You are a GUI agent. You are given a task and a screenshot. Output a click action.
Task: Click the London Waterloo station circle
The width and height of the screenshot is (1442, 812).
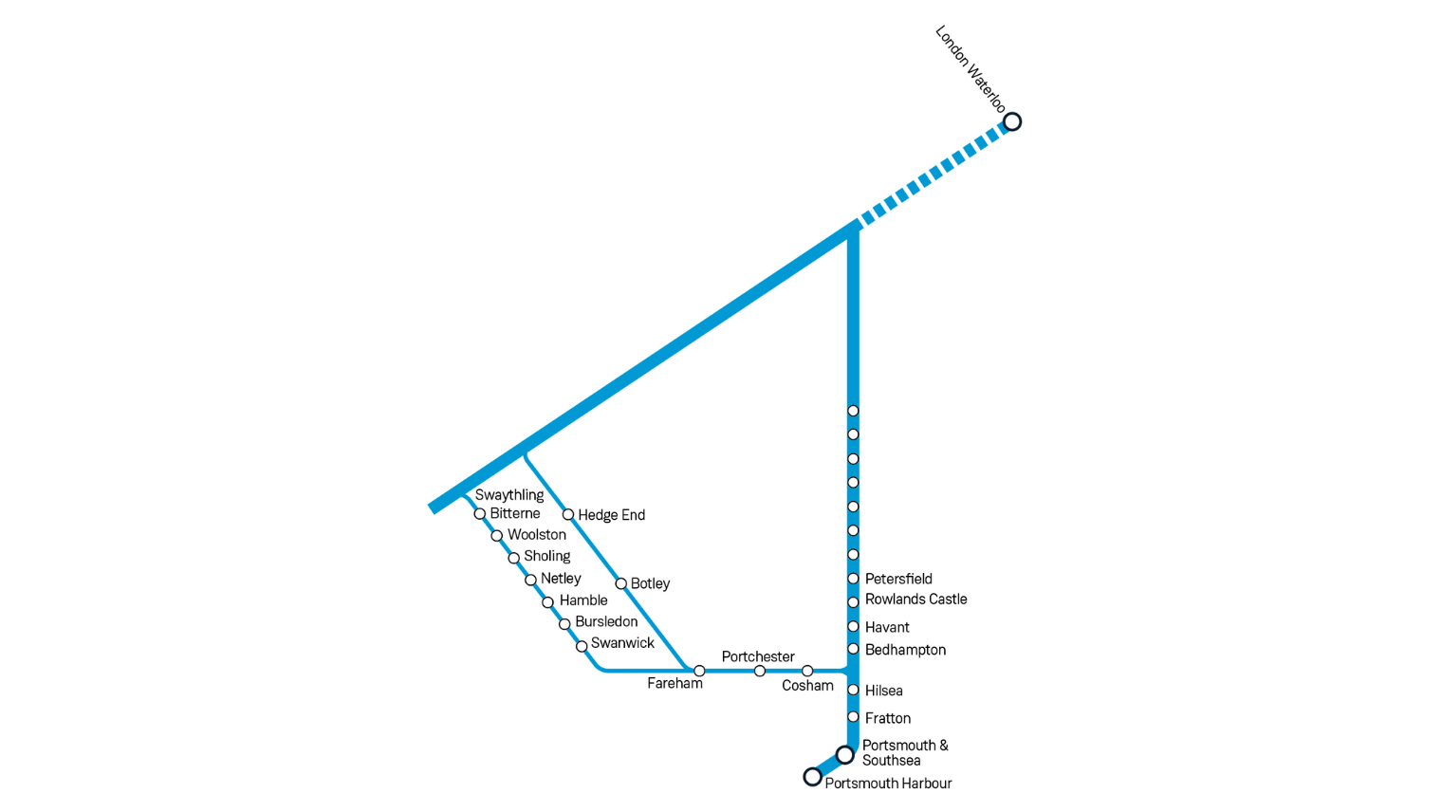1012,121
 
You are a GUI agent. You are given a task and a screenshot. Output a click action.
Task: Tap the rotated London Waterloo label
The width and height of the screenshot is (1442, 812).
971,68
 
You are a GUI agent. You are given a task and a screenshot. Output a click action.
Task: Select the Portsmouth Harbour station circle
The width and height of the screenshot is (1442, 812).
812,777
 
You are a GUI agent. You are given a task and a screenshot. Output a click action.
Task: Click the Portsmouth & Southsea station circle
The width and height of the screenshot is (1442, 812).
844,755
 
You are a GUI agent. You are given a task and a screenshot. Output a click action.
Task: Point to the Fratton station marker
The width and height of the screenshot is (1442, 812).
853,717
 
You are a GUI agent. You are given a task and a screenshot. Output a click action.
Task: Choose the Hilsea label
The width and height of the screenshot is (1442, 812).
884,691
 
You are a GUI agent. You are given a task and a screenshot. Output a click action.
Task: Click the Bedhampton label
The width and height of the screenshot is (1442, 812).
905,650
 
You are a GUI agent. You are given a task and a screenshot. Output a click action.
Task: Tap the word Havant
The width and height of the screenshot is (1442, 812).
887,627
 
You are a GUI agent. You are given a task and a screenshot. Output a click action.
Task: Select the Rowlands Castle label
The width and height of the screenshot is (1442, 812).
916,599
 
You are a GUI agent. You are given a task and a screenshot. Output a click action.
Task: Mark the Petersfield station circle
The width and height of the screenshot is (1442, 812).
853,579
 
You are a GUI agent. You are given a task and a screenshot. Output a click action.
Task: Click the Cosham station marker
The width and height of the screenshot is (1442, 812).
807,671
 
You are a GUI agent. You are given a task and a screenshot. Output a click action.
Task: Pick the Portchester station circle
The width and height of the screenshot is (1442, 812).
760,671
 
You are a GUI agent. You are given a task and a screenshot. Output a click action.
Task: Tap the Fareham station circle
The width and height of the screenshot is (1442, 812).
699,671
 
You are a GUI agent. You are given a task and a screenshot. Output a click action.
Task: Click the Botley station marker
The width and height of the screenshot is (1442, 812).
620,583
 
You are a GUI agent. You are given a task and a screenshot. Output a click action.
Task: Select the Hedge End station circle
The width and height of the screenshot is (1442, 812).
567,514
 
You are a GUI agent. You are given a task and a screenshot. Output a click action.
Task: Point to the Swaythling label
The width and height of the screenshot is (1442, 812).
509,495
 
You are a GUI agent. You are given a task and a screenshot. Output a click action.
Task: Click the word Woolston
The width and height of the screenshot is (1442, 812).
537,534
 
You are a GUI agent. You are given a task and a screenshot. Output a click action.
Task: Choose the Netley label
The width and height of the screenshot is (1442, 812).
561,579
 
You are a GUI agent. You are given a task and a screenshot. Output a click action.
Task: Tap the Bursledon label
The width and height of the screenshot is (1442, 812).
606,621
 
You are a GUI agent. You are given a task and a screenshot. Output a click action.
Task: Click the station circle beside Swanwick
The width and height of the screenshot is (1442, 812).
582,646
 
